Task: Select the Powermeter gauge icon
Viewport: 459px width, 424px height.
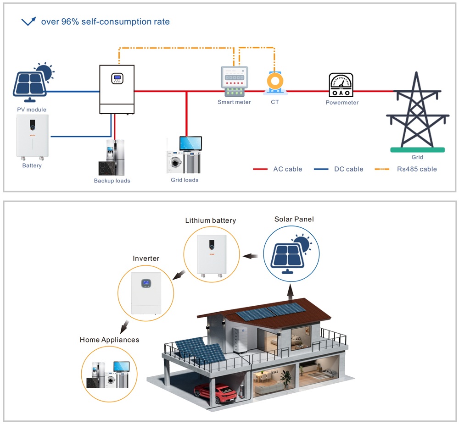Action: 341,85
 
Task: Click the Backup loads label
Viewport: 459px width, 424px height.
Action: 112,181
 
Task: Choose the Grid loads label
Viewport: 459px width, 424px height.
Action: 185,180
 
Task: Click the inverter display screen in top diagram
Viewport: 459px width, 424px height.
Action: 118,78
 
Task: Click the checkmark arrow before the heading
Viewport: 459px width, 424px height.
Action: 29,21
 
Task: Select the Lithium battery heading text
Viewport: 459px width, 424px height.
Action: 210,220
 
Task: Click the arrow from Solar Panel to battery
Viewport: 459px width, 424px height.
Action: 250,256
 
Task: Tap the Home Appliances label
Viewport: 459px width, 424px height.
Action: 109,340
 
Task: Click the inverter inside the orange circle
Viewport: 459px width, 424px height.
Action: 146,293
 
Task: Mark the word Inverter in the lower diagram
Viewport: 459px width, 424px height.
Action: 146,259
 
